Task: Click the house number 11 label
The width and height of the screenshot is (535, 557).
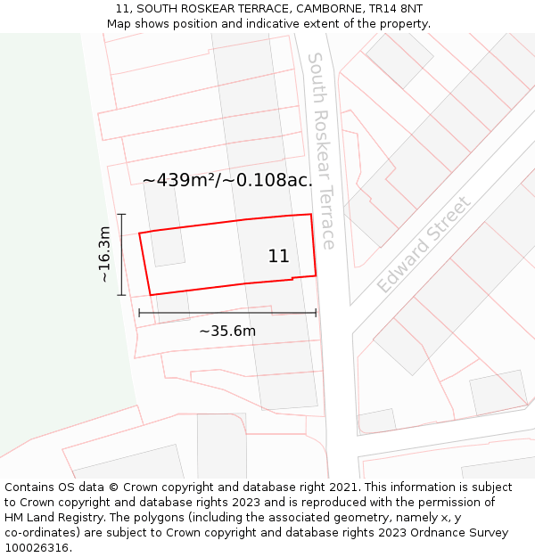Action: [278, 257]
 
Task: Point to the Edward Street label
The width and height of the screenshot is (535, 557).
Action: [423, 245]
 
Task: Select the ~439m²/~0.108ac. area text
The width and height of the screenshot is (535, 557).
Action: [227, 180]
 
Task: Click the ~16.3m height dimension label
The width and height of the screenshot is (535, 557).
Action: [104, 254]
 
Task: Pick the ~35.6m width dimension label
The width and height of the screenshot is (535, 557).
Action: [227, 332]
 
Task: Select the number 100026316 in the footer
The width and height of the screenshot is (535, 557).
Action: [37, 548]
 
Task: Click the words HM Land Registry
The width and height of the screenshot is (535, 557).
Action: [49, 518]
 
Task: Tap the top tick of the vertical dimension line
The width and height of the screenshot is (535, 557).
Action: [122, 215]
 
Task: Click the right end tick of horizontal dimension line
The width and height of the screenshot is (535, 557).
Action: [316, 313]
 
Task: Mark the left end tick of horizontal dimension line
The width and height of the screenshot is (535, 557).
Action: [139, 313]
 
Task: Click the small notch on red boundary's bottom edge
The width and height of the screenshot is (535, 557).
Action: [293, 279]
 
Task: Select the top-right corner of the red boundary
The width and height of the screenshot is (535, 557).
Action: [310, 214]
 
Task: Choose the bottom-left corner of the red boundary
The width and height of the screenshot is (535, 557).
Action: [151, 295]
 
